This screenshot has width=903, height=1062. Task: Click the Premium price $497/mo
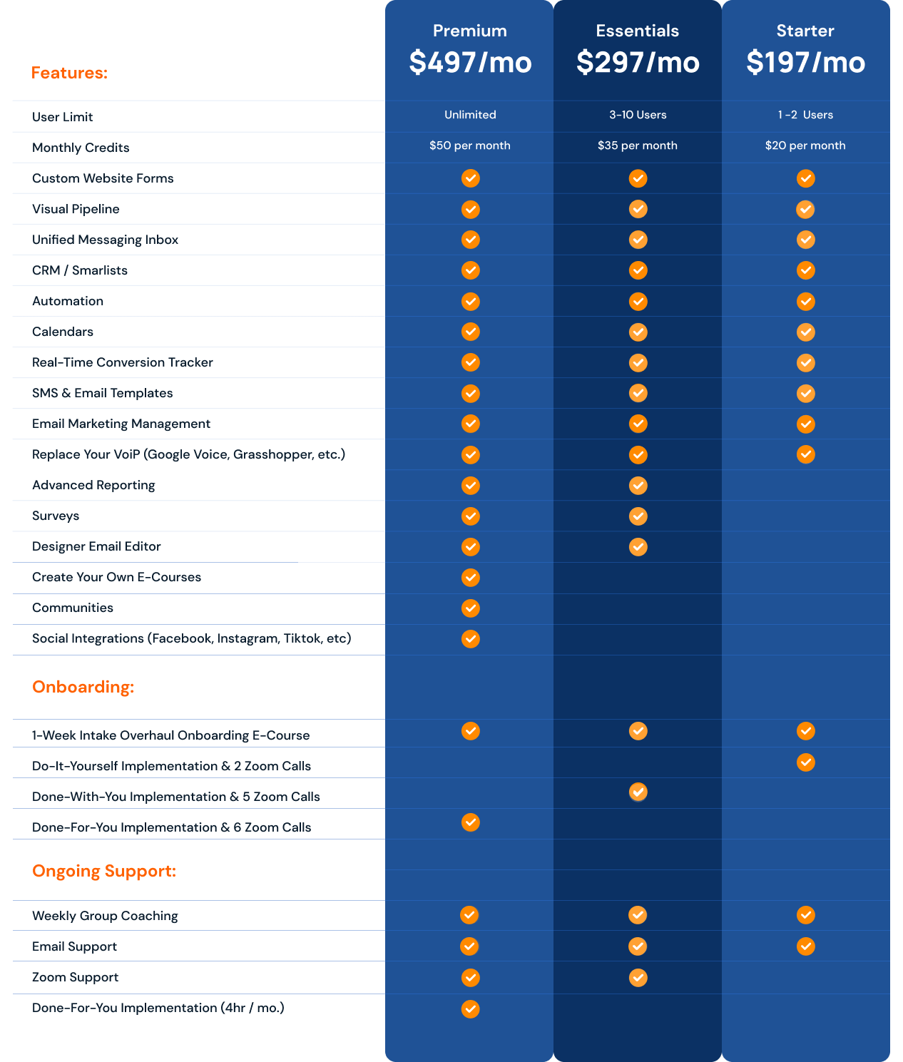pyautogui.click(x=470, y=62)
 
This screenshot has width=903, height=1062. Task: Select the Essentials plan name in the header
pyautogui.click(x=637, y=31)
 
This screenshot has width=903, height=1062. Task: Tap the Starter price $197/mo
pyautogui.click(x=805, y=62)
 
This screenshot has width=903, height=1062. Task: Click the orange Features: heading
pyautogui.click(x=69, y=73)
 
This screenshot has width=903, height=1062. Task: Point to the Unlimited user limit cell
pyautogui.click(x=470, y=115)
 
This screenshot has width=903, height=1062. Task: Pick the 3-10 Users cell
pyautogui.click(x=638, y=115)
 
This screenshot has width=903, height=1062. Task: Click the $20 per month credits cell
pyautogui.click(x=805, y=145)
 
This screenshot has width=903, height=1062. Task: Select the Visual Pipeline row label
pyautogui.click(x=76, y=209)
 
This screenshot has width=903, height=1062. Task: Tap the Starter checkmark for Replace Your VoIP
pyautogui.click(x=806, y=454)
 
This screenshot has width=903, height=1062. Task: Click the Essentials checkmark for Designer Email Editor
pyautogui.click(x=638, y=546)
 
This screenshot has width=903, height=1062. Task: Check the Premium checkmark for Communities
pyautogui.click(x=470, y=608)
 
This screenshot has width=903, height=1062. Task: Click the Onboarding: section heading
pyautogui.click(x=83, y=687)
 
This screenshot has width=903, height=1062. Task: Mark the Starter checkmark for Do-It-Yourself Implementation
pyautogui.click(x=806, y=762)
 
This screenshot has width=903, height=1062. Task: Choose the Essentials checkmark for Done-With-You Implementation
pyautogui.click(x=638, y=792)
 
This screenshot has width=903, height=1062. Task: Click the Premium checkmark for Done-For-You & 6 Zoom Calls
pyautogui.click(x=470, y=822)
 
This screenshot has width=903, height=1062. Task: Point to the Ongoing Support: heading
pyautogui.click(x=104, y=871)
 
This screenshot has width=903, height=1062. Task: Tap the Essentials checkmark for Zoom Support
pyautogui.click(x=638, y=978)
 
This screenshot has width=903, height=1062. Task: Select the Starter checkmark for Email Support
pyautogui.click(x=806, y=946)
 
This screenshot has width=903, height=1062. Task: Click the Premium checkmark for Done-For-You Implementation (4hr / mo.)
pyautogui.click(x=470, y=1009)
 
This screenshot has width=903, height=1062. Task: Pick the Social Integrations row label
pyautogui.click(x=192, y=638)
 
